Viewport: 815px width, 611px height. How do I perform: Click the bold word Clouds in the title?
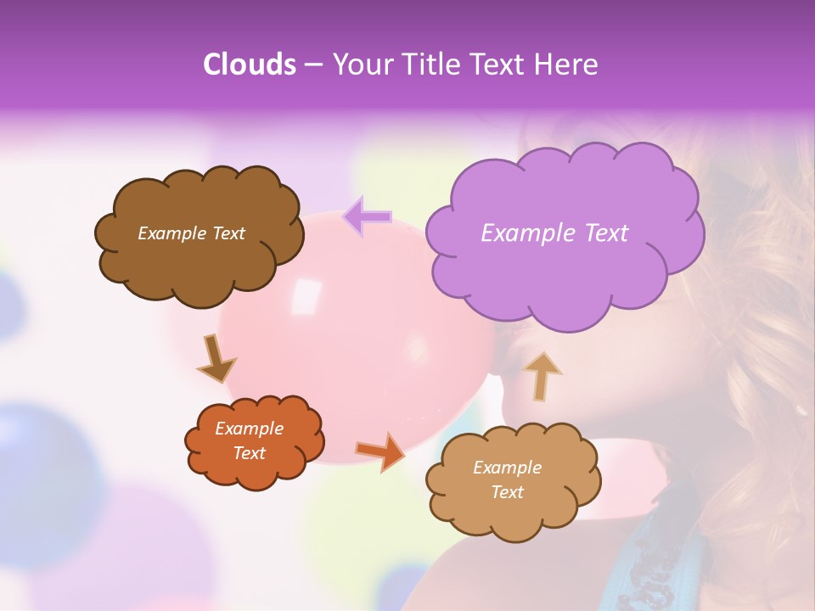pyautogui.click(x=249, y=64)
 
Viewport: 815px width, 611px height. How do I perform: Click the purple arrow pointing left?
pyautogui.click(x=367, y=217)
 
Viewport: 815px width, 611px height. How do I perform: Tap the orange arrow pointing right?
pyautogui.click(x=380, y=451)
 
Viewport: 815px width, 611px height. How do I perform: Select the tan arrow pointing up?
pyautogui.click(x=542, y=374)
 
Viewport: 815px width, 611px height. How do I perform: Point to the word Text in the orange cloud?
pyautogui.click(x=250, y=453)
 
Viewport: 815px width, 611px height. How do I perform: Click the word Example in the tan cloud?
pyautogui.click(x=507, y=468)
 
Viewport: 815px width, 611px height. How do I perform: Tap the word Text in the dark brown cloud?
pyautogui.click(x=227, y=233)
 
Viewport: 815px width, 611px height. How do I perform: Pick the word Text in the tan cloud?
pyautogui.click(x=507, y=492)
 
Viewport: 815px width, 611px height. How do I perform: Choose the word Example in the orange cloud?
pyautogui.click(x=250, y=429)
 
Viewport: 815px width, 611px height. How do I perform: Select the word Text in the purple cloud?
pyautogui.click(x=606, y=233)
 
